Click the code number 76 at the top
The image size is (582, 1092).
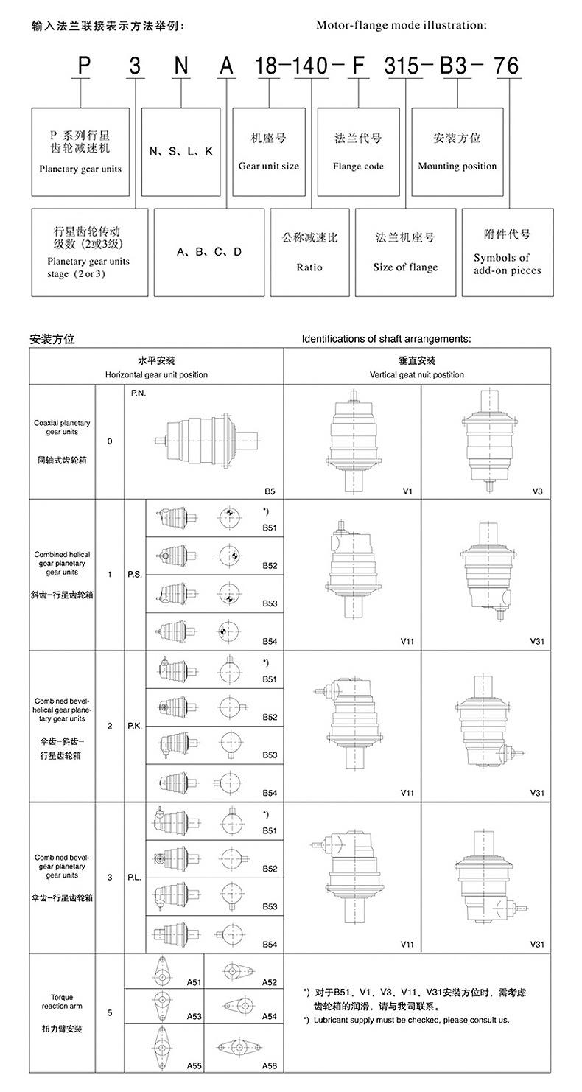coord(506,66)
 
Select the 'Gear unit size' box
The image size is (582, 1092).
coord(269,152)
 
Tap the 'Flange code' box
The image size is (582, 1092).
coord(358,152)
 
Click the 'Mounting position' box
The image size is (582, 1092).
coord(457,152)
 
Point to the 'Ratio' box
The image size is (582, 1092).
coord(309,252)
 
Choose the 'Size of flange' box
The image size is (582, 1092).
coord(405,252)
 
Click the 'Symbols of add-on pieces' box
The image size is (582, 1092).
coord(507,252)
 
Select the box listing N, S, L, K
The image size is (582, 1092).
coord(181,152)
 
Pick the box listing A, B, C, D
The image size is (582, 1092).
coord(209,252)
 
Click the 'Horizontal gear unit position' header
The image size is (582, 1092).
coord(156,367)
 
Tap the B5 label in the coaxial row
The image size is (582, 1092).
coord(270,491)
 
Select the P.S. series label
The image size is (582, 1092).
coord(135,574)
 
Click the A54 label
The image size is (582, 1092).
coord(269,1016)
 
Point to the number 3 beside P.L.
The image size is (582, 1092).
coord(110,877)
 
